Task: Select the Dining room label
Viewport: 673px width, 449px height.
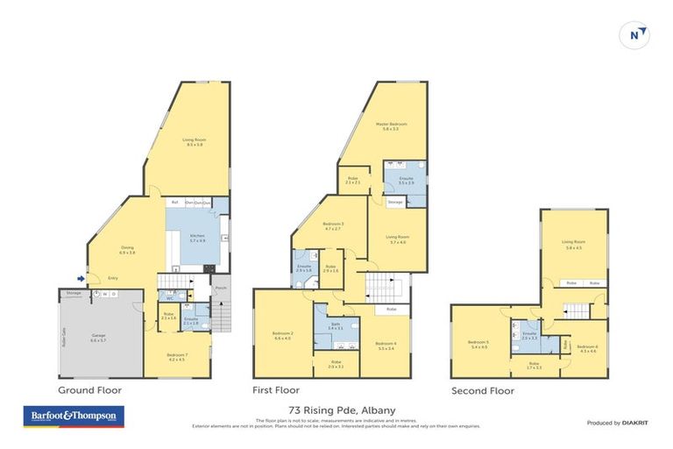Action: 127,250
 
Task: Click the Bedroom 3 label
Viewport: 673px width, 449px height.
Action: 333,225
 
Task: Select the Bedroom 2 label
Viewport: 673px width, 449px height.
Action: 281,336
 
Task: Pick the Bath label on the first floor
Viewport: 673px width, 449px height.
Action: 336,325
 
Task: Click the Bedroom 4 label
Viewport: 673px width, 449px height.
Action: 385,344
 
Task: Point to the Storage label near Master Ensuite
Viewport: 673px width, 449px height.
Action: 395,203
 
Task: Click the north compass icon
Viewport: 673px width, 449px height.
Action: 637,35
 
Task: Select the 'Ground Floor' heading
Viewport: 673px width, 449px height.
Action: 89,389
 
